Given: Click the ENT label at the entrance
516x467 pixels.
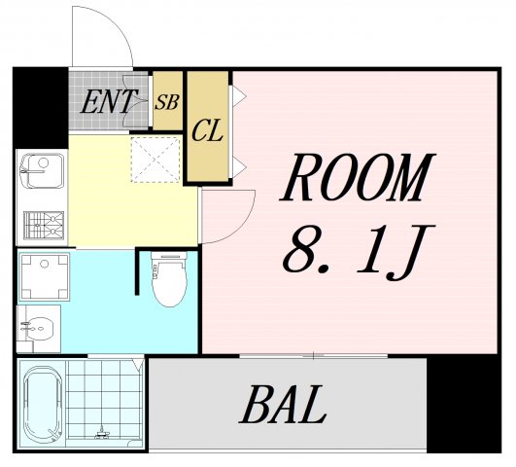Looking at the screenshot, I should coord(107,100).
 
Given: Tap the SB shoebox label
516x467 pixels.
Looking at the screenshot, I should coord(167,100).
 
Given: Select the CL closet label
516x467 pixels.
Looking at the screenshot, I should coord(207,128).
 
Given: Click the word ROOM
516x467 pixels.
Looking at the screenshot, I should coord(355,179).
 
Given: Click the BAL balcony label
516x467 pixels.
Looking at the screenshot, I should coord(283,406).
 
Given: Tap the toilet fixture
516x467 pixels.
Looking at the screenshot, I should coord(169,279).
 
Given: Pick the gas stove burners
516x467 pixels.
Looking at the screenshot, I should coord(41,226).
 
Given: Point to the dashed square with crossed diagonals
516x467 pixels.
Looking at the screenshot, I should coord(155,159).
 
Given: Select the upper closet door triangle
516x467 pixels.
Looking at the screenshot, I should coord(235,98).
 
